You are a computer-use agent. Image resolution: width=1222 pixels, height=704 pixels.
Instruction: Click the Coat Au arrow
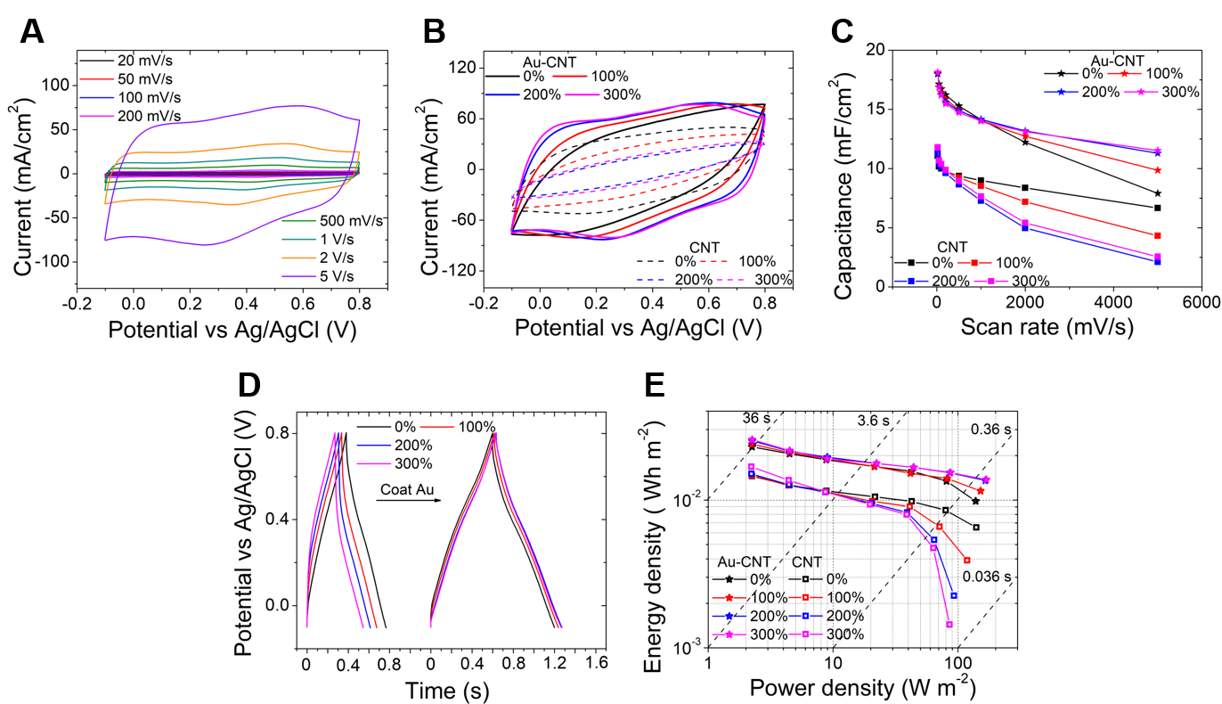pos(408,501)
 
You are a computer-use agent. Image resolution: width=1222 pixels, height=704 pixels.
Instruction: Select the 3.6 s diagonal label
pos(874,418)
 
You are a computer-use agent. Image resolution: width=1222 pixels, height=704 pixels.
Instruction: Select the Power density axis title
pos(861,689)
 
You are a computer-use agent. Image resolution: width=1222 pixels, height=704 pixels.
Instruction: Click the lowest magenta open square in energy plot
pos(949,625)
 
